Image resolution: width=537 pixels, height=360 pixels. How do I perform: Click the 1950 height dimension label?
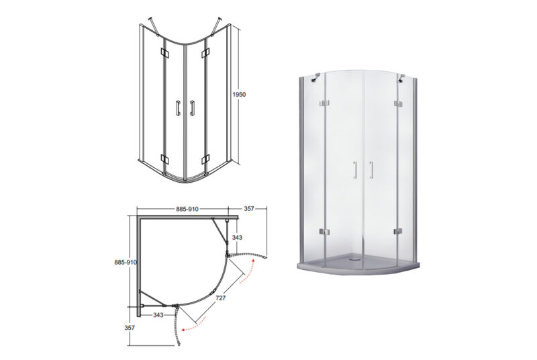pyautogui.click(x=239, y=94)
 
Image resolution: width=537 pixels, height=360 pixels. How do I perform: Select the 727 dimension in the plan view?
pyautogui.click(x=221, y=298)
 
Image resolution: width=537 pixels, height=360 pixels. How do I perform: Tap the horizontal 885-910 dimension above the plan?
pyautogui.click(x=187, y=209)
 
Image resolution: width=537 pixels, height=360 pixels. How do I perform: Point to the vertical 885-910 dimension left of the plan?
pyautogui.click(x=126, y=263)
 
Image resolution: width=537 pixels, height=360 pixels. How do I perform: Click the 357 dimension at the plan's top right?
pyautogui.click(x=249, y=208)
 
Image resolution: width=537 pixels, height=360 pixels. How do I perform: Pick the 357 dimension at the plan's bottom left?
pyautogui.click(x=130, y=328)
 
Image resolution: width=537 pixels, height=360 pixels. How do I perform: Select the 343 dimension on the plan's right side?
pyautogui.click(x=237, y=237)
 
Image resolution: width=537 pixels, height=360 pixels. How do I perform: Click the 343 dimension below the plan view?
pyautogui.click(x=158, y=315)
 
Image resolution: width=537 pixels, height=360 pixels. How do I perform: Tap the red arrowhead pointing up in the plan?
pyautogui.click(x=253, y=261)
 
